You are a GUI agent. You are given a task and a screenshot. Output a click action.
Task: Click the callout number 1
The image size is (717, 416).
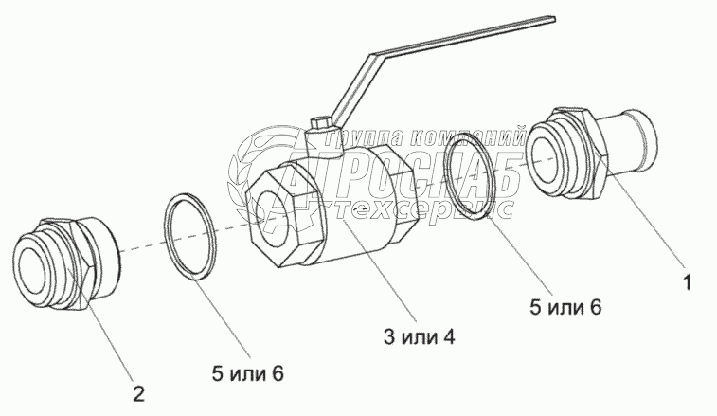point(689,282)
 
